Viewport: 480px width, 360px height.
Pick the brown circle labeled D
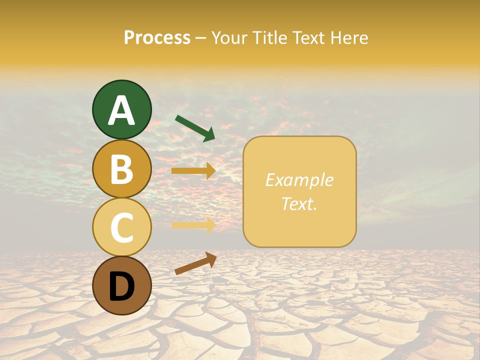tap(121, 285)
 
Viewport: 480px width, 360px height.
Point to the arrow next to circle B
tap(193, 171)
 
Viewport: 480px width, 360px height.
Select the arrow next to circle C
tap(193, 225)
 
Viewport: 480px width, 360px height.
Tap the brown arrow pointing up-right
tap(195, 263)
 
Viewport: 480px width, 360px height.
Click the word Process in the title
tap(157, 37)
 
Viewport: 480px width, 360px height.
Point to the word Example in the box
tap(299, 180)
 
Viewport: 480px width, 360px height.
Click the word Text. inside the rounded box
tap(299, 203)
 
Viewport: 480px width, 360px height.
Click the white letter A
tap(121, 110)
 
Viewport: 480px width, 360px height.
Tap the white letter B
tap(121, 169)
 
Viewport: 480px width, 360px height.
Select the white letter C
tap(121, 227)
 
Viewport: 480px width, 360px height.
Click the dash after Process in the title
tap(200, 38)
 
